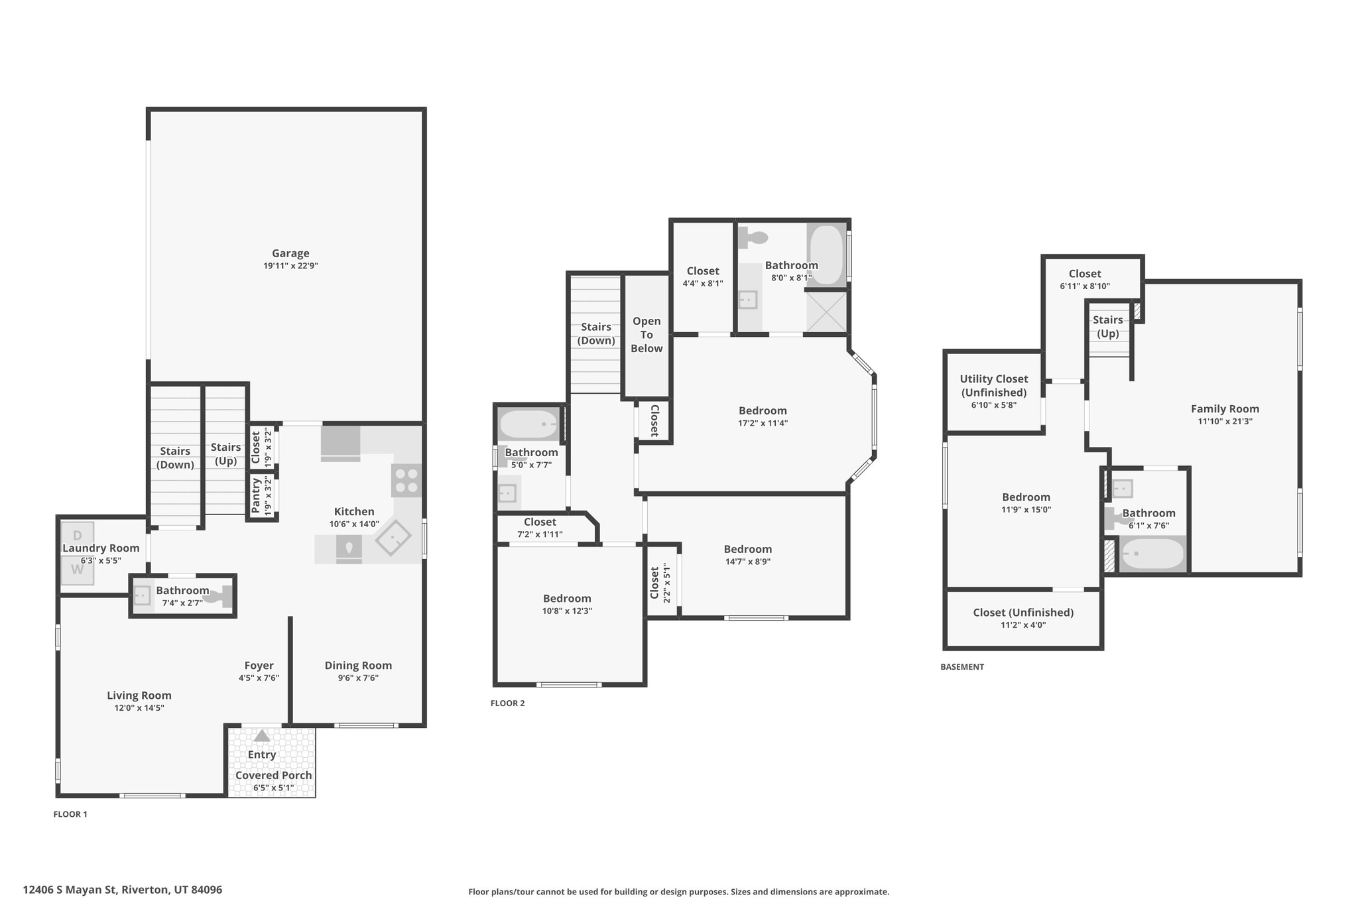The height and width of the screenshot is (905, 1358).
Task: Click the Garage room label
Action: point(290,253)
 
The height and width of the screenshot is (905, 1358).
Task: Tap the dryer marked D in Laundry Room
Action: point(78,535)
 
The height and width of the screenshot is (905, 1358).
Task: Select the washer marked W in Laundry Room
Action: point(78,570)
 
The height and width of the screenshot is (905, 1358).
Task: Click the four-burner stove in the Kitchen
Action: point(406,481)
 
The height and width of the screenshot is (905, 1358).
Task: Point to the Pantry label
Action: point(256,495)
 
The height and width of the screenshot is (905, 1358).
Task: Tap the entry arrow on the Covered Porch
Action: point(262,736)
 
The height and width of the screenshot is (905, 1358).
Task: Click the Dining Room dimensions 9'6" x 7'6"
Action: point(358,678)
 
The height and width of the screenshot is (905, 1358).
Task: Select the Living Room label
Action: point(139,695)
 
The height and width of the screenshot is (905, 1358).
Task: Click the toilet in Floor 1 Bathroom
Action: point(219,596)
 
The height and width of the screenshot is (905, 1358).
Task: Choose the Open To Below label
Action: point(647,335)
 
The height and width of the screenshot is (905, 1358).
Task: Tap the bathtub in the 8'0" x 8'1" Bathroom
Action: point(826,255)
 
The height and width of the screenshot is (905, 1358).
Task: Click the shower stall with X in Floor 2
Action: point(827,311)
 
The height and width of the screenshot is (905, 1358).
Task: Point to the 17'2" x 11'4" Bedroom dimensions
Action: point(763,423)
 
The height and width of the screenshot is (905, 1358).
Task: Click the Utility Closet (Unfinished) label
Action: point(993,385)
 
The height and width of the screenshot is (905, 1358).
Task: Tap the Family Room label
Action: point(1225,409)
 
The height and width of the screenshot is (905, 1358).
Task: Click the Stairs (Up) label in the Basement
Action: point(1108,327)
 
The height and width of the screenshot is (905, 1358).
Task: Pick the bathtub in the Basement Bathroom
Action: point(1152,554)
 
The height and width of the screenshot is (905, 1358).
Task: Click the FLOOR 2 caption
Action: point(507,703)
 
